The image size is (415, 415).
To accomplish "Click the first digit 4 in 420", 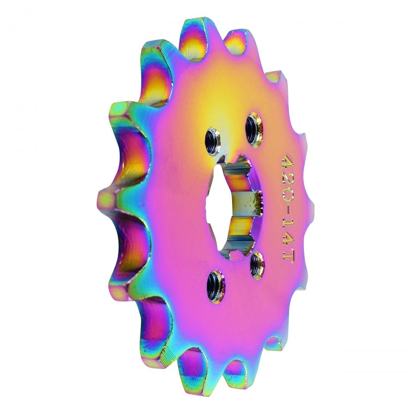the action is coord(287,161).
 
